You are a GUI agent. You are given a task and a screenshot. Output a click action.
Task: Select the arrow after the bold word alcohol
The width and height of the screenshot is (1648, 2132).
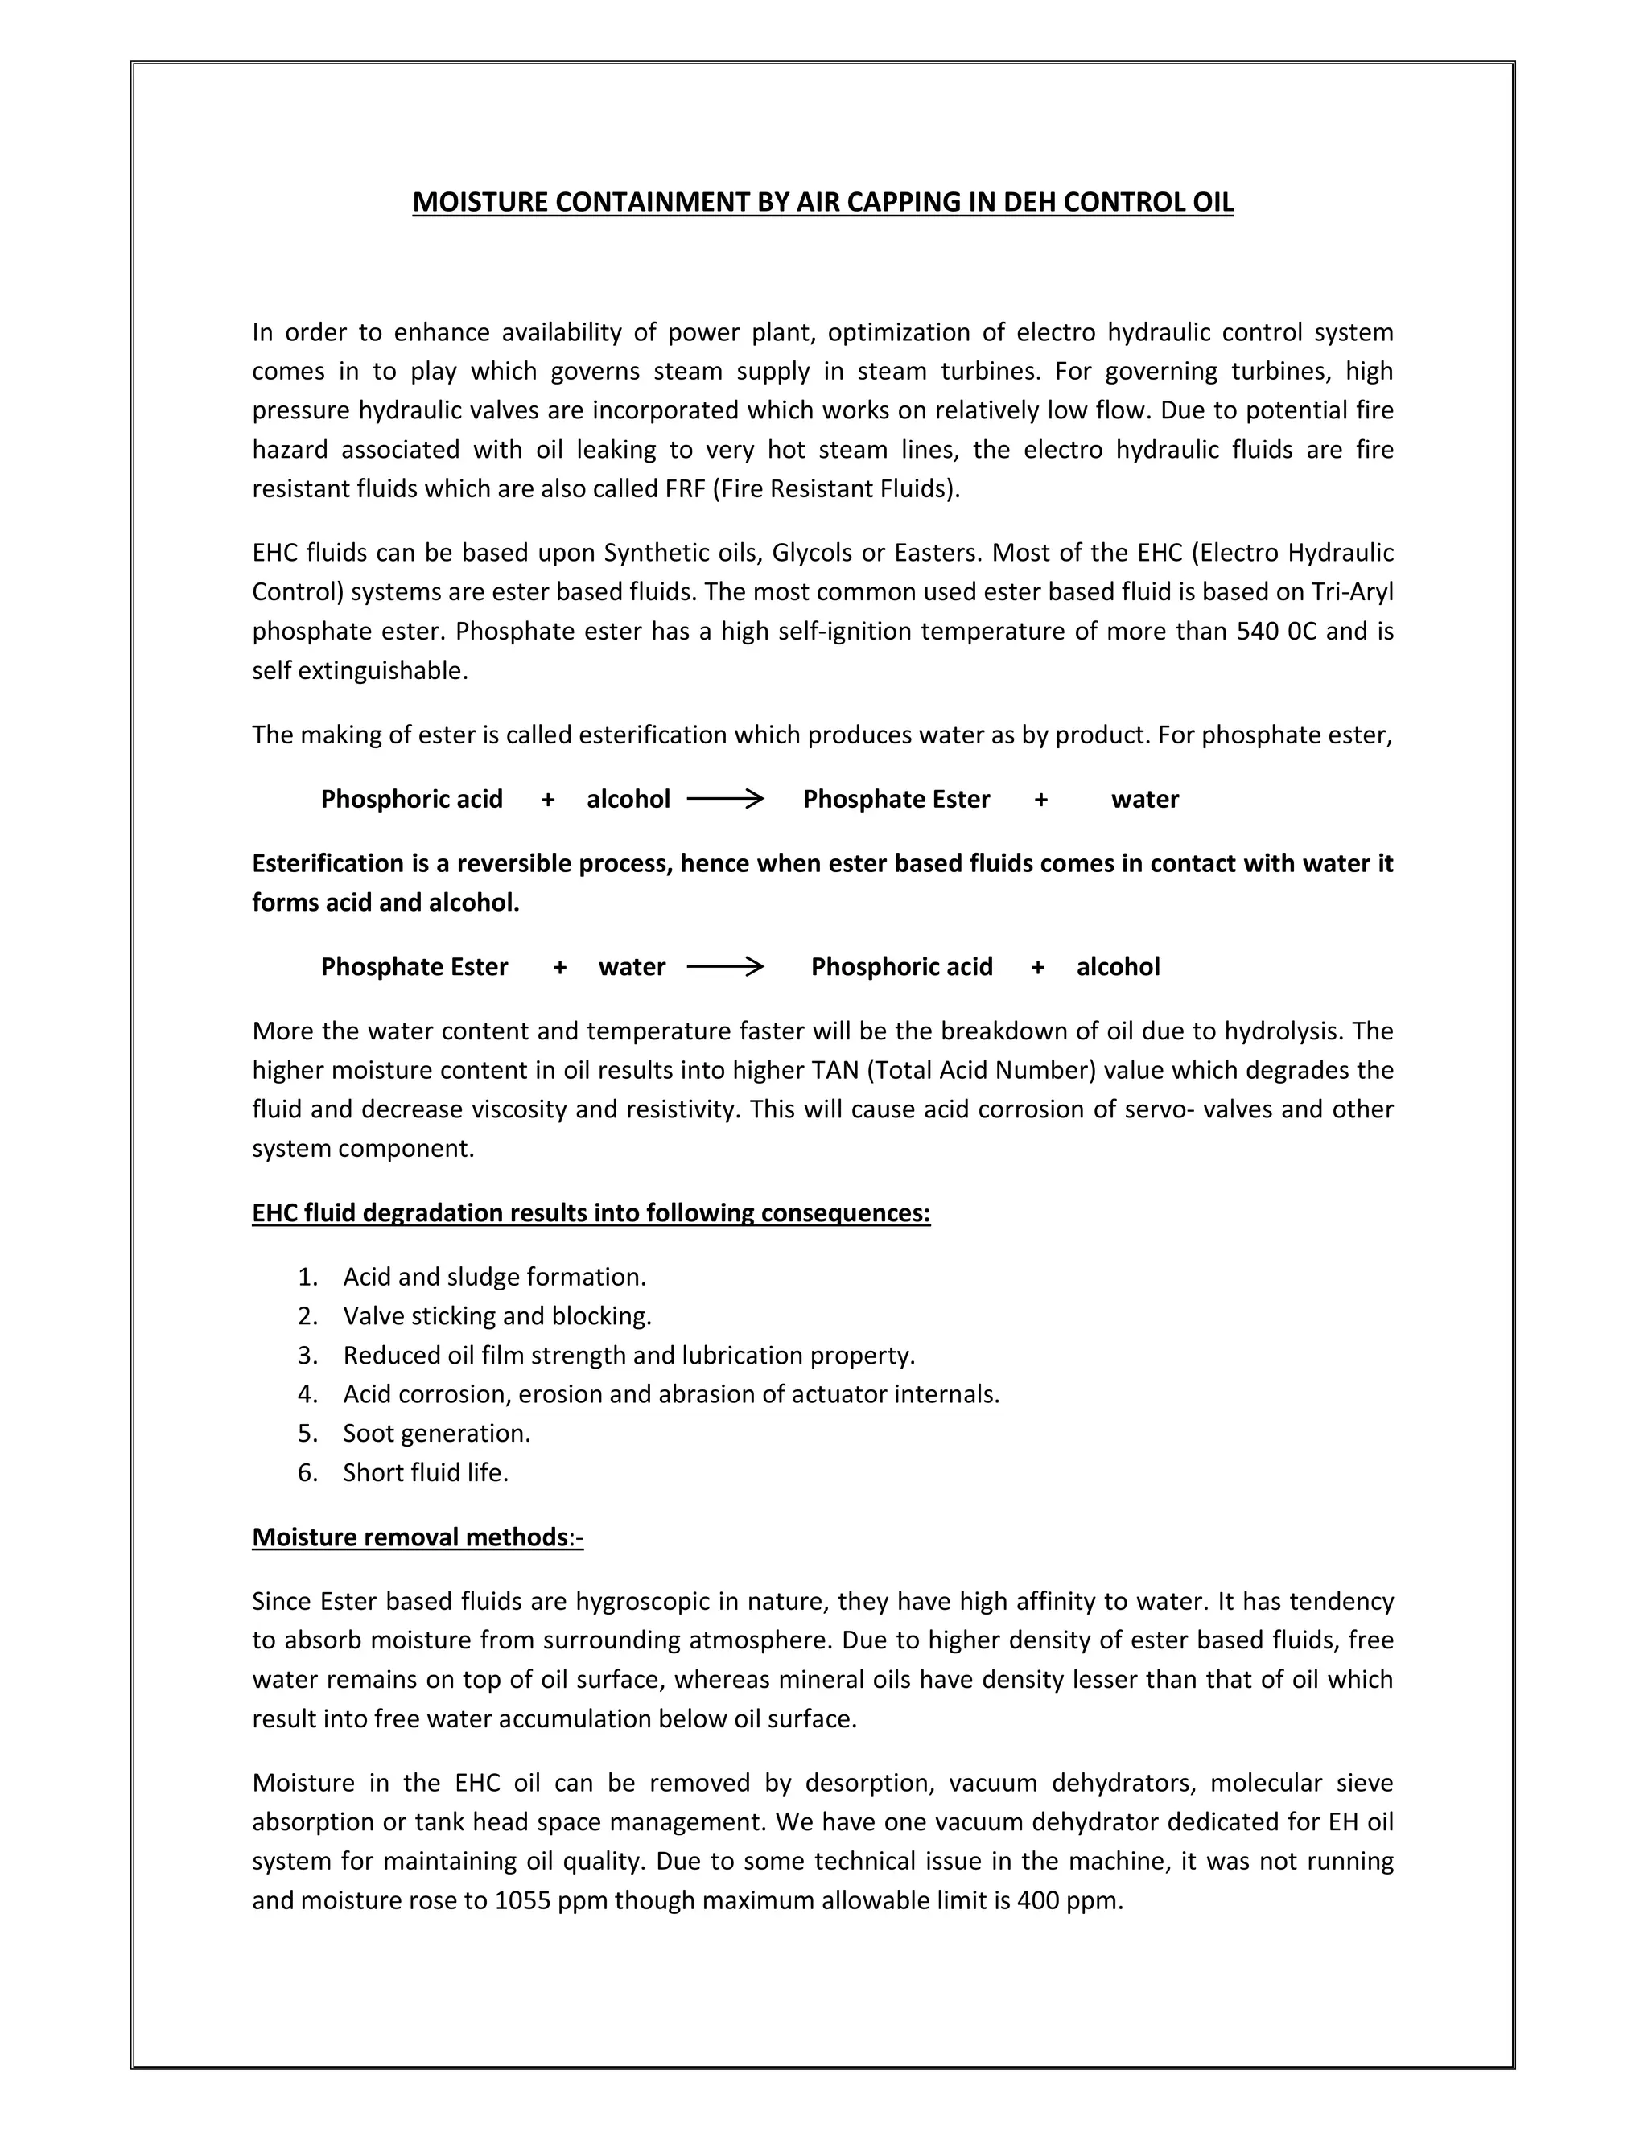(x=724, y=800)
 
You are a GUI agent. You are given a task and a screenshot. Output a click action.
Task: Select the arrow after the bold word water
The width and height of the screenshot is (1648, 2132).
(x=724, y=967)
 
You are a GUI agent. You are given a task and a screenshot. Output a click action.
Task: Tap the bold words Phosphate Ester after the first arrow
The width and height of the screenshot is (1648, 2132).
(x=896, y=800)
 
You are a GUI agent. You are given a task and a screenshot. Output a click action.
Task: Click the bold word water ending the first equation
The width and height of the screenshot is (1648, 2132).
(x=1144, y=800)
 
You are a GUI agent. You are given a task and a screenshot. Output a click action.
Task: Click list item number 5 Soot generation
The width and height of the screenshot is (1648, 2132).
(x=436, y=1433)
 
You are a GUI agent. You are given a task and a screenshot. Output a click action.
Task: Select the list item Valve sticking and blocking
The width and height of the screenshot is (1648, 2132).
(x=497, y=1316)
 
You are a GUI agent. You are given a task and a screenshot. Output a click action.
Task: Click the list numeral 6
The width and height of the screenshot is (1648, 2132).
(x=307, y=1472)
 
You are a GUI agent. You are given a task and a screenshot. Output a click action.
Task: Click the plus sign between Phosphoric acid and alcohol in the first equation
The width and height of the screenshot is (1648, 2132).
(x=548, y=800)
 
